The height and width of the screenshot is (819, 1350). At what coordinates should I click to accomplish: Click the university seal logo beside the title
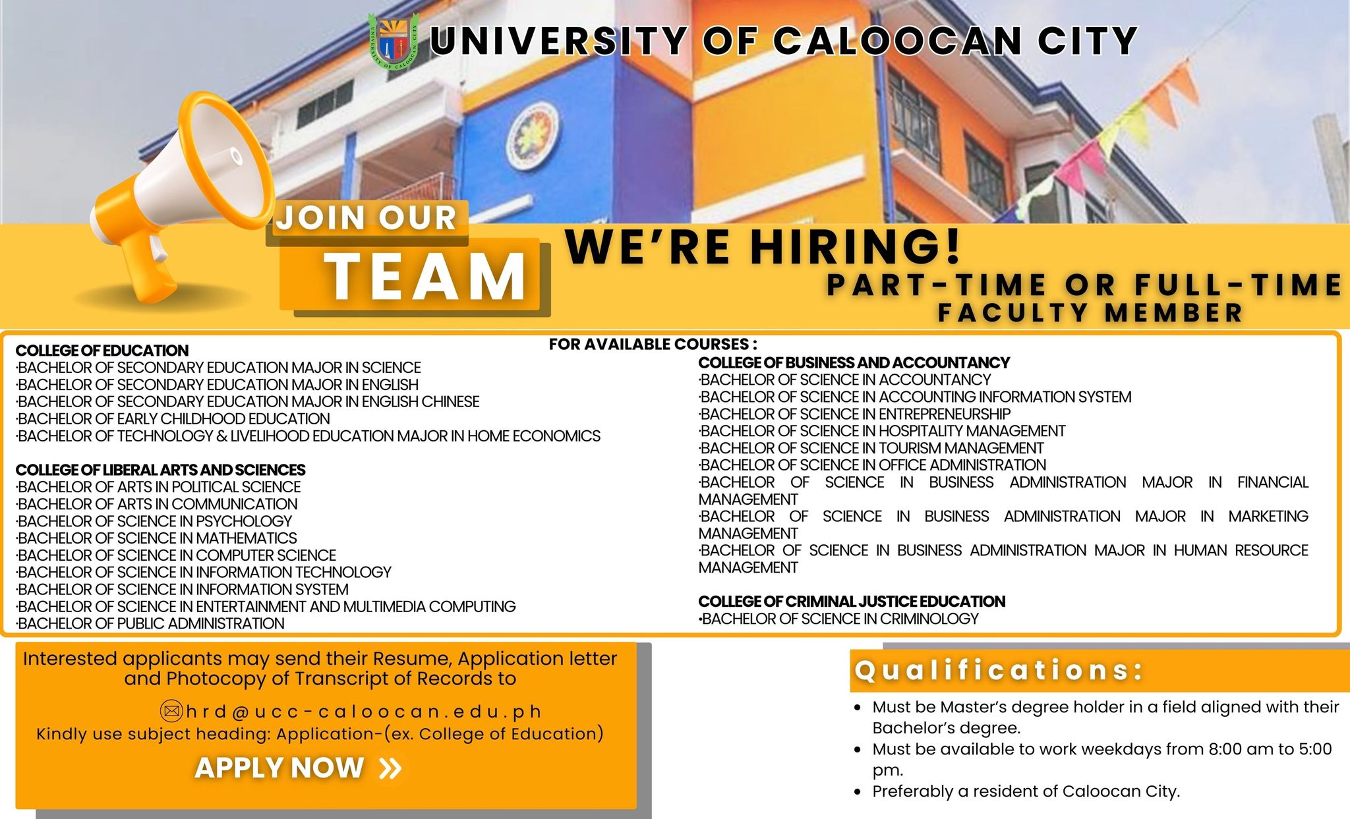click(394, 40)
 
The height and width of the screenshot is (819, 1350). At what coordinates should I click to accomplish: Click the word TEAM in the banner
click(425, 276)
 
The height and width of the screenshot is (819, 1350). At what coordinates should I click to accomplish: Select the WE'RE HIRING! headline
click(763, 246)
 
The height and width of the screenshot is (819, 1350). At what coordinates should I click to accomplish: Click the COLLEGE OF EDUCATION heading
click(102, 351)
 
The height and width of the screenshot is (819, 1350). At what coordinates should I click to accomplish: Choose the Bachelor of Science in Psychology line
click(154, 521)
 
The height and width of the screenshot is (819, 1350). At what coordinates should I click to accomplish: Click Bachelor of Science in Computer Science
click(176, 555)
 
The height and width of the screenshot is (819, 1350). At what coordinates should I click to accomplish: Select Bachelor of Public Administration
click(150, 623)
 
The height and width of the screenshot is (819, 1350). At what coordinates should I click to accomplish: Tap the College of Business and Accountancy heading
click(854, 363)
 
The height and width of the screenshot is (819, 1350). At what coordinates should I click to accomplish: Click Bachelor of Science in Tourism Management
click(871, 448)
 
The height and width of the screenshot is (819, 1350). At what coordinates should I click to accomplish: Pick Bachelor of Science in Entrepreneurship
click(855, 414)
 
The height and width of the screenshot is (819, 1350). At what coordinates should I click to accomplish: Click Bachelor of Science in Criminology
click(839, 619)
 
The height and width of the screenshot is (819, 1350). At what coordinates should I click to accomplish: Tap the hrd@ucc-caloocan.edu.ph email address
click(364, 712)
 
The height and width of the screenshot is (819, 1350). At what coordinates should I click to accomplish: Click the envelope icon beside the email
click(171, 712)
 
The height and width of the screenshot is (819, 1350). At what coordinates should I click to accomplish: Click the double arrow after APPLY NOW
click(391, 768)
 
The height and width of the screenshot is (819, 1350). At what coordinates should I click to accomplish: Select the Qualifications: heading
click(999, 670)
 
